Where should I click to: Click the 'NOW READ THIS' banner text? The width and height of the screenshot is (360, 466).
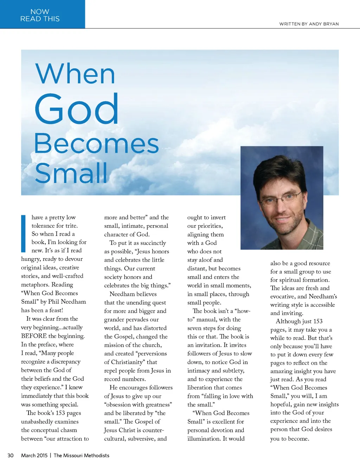click(x=40, y=15)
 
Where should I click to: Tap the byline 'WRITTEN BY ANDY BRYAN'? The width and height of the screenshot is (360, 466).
click(x=309, y=24)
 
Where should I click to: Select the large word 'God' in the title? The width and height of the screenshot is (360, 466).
click(x=77, y=109)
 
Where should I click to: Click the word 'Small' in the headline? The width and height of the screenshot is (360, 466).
click(x=71, y=173)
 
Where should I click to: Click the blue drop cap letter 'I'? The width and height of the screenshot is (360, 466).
click(x=24, y=234)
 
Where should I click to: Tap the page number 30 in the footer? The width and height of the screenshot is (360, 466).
click(x=11, y=455)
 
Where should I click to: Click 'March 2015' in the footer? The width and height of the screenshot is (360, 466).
click(x=34, y=455)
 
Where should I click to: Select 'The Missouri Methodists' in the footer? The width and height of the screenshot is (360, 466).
click(x=82, y=455)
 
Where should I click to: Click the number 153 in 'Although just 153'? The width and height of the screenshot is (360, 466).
click(x=317, y=321)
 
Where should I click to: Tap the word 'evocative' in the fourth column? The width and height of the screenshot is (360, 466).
click(x=283, y=296)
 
